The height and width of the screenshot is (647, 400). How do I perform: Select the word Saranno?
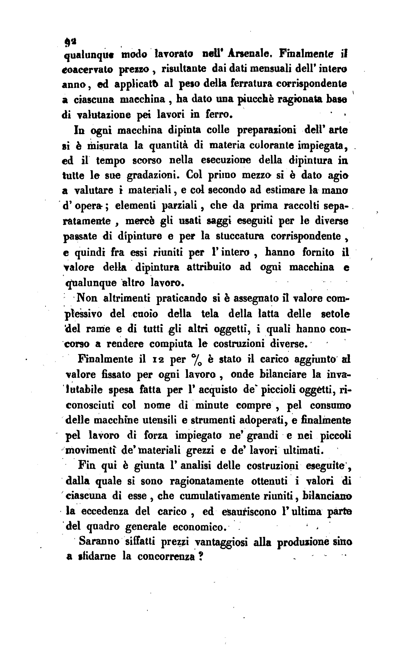click(99, 541)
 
